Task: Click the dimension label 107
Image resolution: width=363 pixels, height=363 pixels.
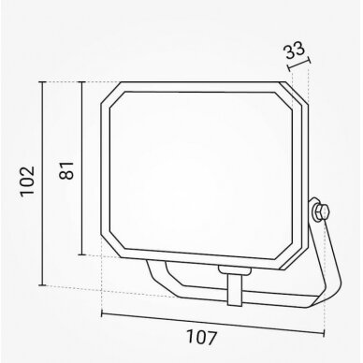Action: [x=201, y=338]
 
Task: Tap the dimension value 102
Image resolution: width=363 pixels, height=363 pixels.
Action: [x=27, y=181]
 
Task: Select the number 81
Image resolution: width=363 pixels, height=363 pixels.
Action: [x=66, y=170]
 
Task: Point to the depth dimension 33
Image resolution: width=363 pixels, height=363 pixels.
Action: [x=295, y=51]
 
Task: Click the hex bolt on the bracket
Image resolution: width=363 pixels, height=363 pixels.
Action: [x=321, y=212]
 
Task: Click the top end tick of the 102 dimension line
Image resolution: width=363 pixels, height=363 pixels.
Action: [x=42, y=81]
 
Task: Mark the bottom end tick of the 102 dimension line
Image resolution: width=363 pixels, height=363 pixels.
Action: [x=42, y=285]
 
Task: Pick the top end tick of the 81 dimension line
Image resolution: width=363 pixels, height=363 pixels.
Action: [x=81, y=82]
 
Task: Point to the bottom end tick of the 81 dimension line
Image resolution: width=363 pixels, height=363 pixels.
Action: [x=81, y=254]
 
